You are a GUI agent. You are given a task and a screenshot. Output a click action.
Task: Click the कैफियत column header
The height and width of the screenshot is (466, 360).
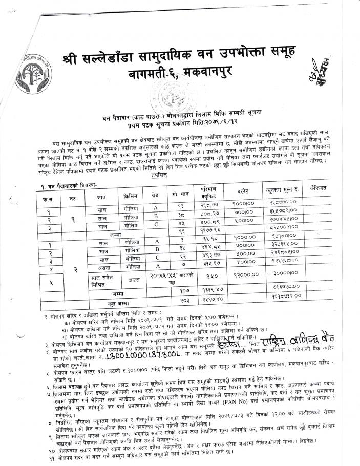(316, 189)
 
